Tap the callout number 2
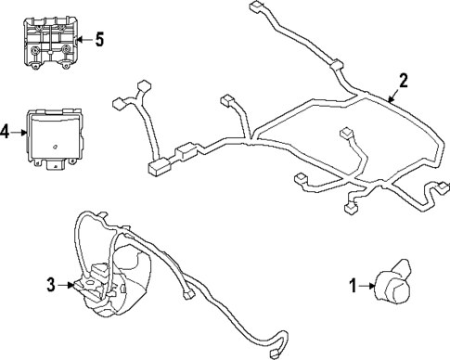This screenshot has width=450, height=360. point(403,80)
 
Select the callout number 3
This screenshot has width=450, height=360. point(51,285)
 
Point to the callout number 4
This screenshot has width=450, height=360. point(6,132)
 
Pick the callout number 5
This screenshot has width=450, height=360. point(99,39)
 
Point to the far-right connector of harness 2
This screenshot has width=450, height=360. point(433,191)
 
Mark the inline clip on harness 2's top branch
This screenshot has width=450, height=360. point(336,66)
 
